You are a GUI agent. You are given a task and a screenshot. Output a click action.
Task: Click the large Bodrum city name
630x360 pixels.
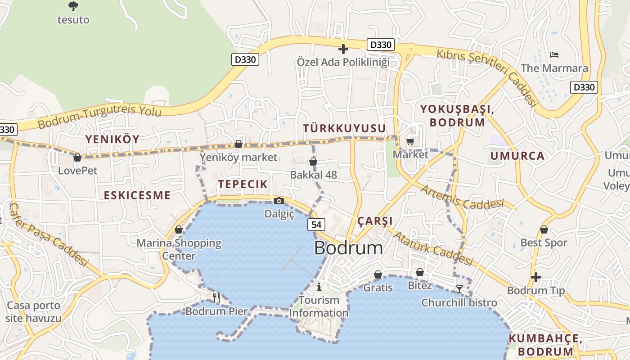[x=348, y=248]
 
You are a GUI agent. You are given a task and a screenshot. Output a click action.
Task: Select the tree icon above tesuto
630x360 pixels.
[x=73, y=6]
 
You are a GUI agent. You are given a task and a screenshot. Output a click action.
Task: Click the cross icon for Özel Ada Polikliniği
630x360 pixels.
[x=343, y=49]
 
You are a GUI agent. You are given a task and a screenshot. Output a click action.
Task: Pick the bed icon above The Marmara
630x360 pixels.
[x=554, y=55]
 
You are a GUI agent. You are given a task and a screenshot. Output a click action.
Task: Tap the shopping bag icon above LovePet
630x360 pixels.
[x=77, y=157]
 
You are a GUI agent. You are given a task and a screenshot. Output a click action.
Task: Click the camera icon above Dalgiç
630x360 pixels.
[x=279, y=201]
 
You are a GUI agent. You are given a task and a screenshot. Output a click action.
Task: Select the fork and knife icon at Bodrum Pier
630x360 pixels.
[x=216, y=297]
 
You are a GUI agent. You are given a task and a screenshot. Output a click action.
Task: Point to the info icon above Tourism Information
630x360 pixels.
[x=319, y=287]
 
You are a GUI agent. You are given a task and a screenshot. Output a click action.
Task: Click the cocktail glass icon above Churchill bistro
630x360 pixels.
[x=459, y=289]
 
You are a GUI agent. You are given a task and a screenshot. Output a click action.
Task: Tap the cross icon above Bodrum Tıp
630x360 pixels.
[x=535, y=277]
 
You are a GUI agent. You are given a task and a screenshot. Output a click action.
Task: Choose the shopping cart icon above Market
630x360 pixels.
[x=410, y=142]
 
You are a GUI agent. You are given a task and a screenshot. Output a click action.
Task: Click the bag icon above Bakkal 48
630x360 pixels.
[x=313, y=162]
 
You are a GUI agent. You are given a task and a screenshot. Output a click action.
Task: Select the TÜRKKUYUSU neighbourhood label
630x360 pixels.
[x=344, y=129]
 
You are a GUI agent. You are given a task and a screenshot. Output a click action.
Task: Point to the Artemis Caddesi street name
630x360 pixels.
[x=462, y=198]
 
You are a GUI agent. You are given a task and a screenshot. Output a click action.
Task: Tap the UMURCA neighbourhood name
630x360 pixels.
[x=517, y=156]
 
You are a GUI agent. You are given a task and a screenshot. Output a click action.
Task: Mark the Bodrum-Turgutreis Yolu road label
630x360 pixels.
[x=99, y=117]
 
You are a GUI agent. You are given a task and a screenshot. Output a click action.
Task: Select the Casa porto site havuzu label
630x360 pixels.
[x=33, y=312]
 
